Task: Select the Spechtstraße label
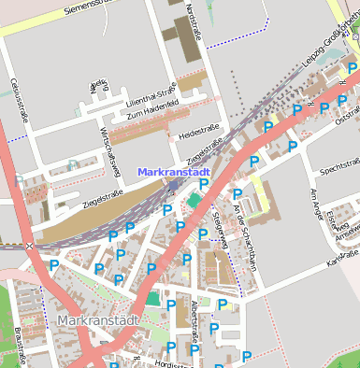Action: point(339,171)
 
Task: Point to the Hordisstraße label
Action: point(172,364)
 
